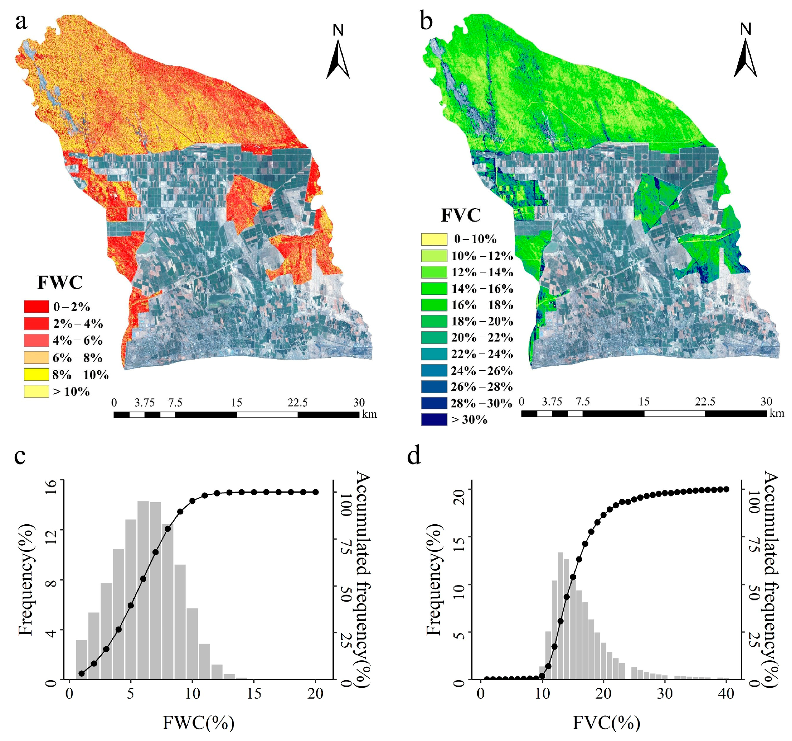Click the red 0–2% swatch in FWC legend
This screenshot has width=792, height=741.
(36, 306)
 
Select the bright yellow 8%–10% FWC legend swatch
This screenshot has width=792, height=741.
(36, 374)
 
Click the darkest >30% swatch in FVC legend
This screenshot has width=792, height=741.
(434, 420)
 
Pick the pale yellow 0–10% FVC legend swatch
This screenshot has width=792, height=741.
(434, 239)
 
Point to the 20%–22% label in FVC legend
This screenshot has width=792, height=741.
(482, 337)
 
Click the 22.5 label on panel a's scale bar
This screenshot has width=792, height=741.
(298, 402)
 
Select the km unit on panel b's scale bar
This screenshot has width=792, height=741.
(776, 413)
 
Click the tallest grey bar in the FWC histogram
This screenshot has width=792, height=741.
(143, 590)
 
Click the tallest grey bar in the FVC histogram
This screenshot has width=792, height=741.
(560, 615)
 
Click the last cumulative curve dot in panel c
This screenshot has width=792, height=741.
(316, 492)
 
